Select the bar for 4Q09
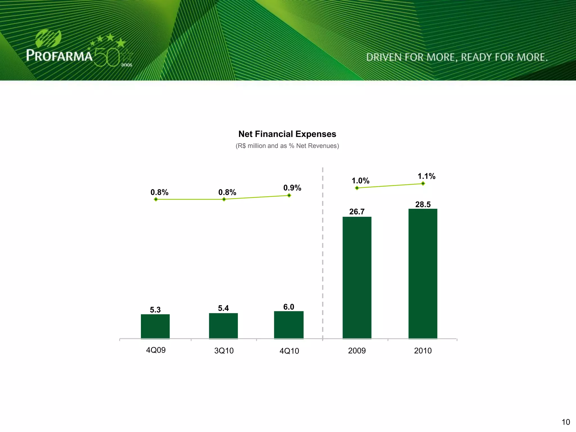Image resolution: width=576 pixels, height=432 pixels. [155, 326]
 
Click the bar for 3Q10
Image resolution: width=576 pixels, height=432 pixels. [223, 326]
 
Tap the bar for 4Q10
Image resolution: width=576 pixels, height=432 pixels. [289, 325]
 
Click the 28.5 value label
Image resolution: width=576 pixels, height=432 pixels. [423, 204]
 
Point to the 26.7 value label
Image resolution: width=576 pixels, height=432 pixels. [357, 212]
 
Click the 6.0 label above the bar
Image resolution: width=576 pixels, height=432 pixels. [289, 307]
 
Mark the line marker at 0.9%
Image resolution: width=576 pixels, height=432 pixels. [289, 195]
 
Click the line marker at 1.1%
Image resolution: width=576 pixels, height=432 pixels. [423, 184]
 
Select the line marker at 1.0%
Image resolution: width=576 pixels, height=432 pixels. [357, 188]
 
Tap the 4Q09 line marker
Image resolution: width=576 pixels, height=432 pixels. [156, 199]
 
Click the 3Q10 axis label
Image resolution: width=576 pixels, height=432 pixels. [224, 351]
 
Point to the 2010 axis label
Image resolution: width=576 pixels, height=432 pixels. [423, 351]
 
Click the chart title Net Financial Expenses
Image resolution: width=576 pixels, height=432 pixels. [287, 134]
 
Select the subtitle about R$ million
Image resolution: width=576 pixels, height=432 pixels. [287, 146]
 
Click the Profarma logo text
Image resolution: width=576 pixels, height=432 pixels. [59, 55]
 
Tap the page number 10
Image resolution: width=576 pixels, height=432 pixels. [566, 422]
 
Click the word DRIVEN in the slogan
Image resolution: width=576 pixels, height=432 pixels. [384, 57]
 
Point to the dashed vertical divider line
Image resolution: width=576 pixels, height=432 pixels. [323, 253]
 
